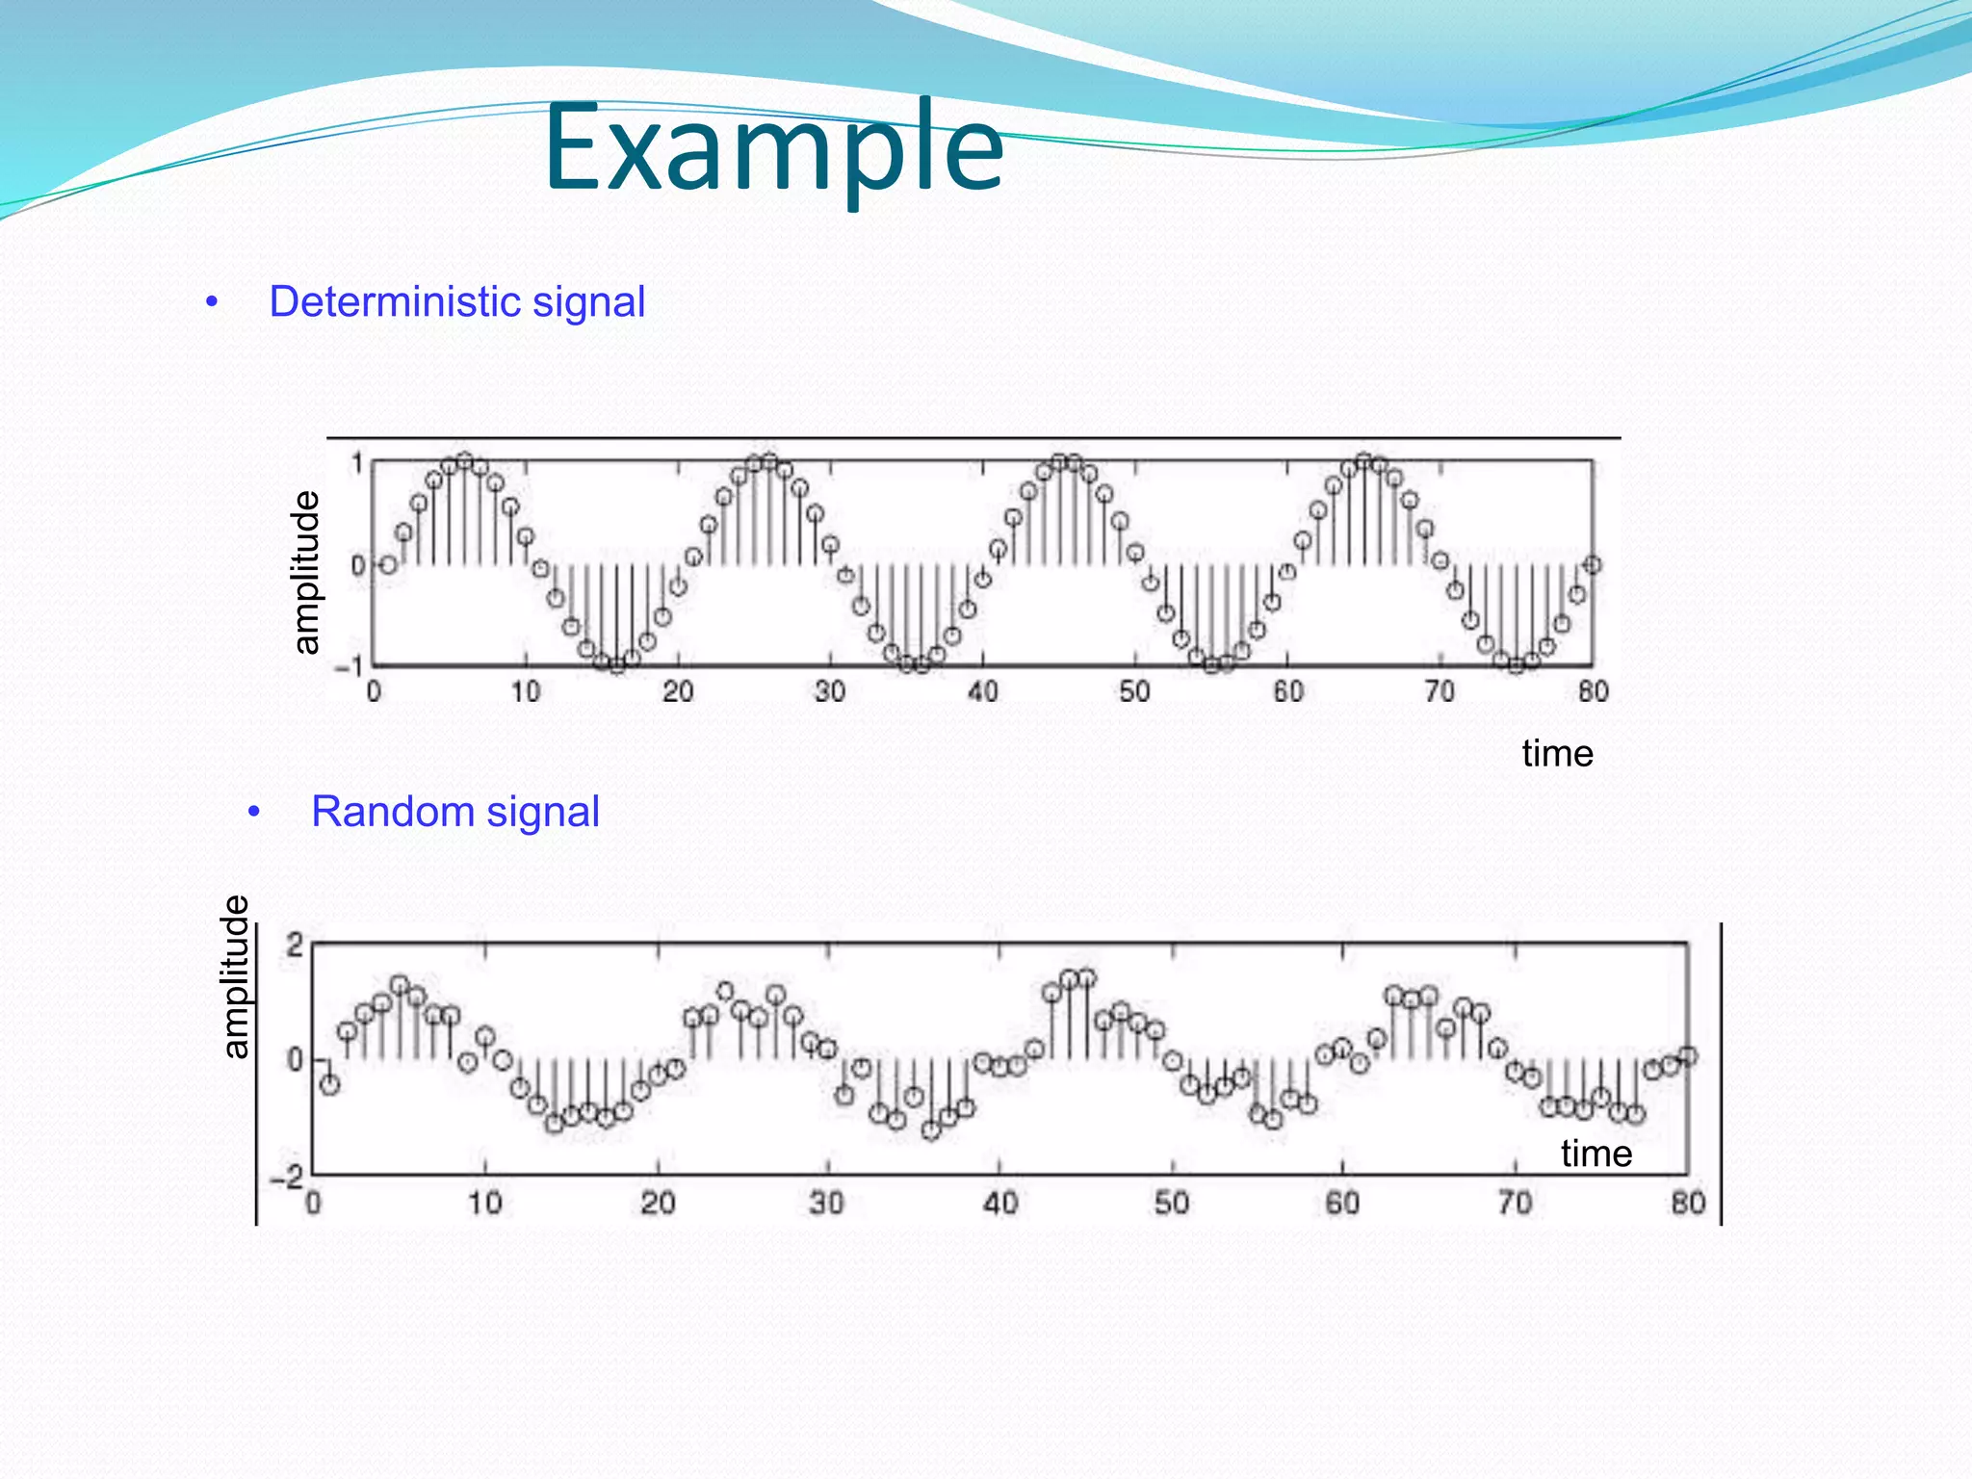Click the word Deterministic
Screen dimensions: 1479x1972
pos(395,302)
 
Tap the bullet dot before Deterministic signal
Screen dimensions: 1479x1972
pos(212,302)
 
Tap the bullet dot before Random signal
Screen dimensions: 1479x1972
pos(254,812)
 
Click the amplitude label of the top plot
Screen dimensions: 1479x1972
pos(305,572)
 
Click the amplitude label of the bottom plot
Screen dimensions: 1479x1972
pos(235,976)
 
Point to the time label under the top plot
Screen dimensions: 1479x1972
pos(1557,753)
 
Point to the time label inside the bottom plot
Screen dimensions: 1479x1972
pos(1596,1154)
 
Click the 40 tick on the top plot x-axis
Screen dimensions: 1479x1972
pos(982,691)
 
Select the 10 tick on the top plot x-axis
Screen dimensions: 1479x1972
pos(525,691)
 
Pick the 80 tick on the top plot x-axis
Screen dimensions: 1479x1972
pos(1593,691)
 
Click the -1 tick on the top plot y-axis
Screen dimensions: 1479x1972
pos(349,665)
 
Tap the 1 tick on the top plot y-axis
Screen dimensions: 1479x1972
pos(356,464)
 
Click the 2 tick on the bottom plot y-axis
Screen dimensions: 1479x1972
pos(295,945)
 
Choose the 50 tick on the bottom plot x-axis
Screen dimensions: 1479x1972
pos(1171,1203)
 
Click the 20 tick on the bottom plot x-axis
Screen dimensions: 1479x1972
pos(658,1203)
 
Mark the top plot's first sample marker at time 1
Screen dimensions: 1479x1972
pos(388,564)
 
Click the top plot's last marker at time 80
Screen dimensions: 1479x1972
pos(1593,564)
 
